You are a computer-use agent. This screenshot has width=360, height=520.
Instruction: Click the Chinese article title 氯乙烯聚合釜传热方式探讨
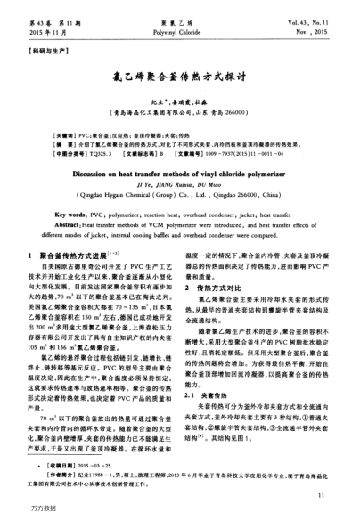(179, 79)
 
